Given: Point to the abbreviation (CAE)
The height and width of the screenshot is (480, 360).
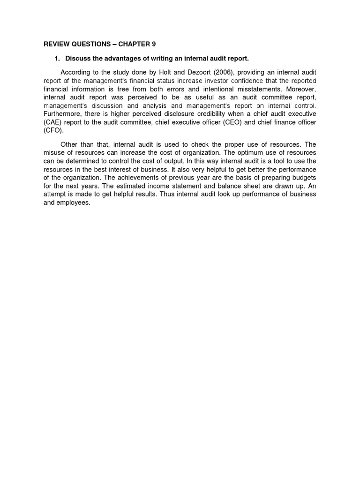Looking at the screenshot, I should pyautogui.click(x=52, y=122).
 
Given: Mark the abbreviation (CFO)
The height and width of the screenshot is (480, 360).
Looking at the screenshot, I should pyautogui.click(x=53, y=131).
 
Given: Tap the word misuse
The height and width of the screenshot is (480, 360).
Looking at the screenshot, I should pyautogui.click(x=53, y=153).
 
